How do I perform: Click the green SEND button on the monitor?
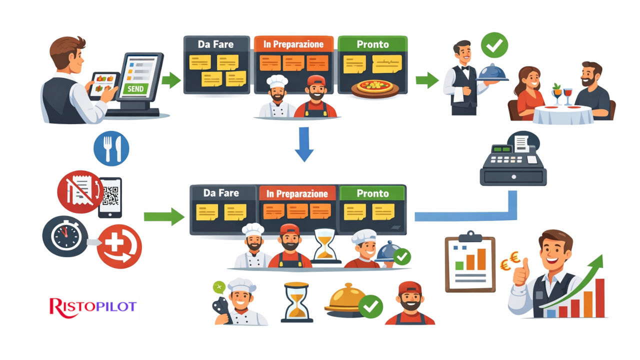(x=135, y=88)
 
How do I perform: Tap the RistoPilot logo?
(x=93, y=306)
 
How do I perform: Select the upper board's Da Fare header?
(x=216, y=44)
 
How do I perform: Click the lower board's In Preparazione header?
(x=297, y=193)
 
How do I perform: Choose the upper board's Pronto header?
(x=372, y=44)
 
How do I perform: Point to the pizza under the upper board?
(x=375, y=87)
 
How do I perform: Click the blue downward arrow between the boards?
(x=303, y=144)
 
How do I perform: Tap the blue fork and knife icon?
(x=111, y=148)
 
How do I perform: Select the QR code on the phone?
(x=110, y=195)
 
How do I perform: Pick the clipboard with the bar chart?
(x=469, y=262)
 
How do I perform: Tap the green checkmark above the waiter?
(x=494, y=45)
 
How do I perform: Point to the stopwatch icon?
(x=65, y=235)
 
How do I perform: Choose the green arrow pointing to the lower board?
(x=164, y=216)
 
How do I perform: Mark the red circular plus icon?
(x=119, y=247)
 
